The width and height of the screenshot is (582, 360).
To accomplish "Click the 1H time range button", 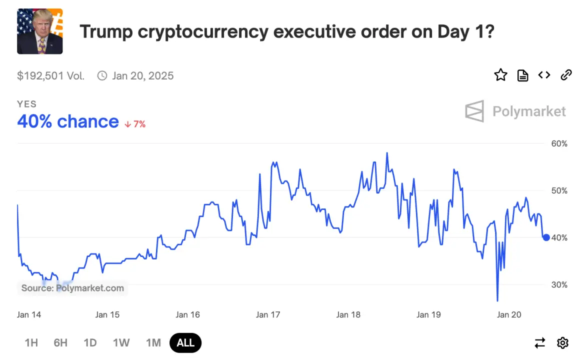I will coord(31,342).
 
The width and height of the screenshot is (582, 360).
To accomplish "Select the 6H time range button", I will coord(60,342).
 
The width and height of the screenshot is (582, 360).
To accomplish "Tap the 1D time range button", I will coord(90,342).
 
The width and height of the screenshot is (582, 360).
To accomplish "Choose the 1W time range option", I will coord(121,342).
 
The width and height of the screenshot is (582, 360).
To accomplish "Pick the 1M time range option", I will coord(153,342).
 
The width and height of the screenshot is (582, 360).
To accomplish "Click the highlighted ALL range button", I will coord(185,342).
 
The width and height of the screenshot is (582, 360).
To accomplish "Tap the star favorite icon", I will coord(500,75).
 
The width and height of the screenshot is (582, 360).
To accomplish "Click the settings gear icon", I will coord(563,342).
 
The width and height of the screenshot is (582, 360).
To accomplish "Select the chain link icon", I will coord(566,75).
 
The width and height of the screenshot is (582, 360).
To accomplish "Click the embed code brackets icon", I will coord(544,75).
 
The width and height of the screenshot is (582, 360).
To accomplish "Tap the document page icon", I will coord(522,75).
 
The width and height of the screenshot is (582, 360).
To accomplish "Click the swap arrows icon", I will coord(540,342).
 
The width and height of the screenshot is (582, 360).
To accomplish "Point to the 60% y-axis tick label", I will coord(559,143).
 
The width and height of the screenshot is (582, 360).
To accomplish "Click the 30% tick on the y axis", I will coord(559,284).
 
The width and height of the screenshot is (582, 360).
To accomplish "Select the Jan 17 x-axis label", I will coord(268,314).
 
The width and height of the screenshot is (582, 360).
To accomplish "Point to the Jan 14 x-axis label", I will coord(29,314).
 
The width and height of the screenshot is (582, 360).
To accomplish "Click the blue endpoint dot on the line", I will coord(546,237).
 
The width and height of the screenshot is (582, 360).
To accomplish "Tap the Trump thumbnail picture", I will coord(40,31).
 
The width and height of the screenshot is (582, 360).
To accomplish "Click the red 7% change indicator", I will coord(135,124).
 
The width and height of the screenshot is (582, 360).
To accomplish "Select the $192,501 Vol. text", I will coord(50,75).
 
